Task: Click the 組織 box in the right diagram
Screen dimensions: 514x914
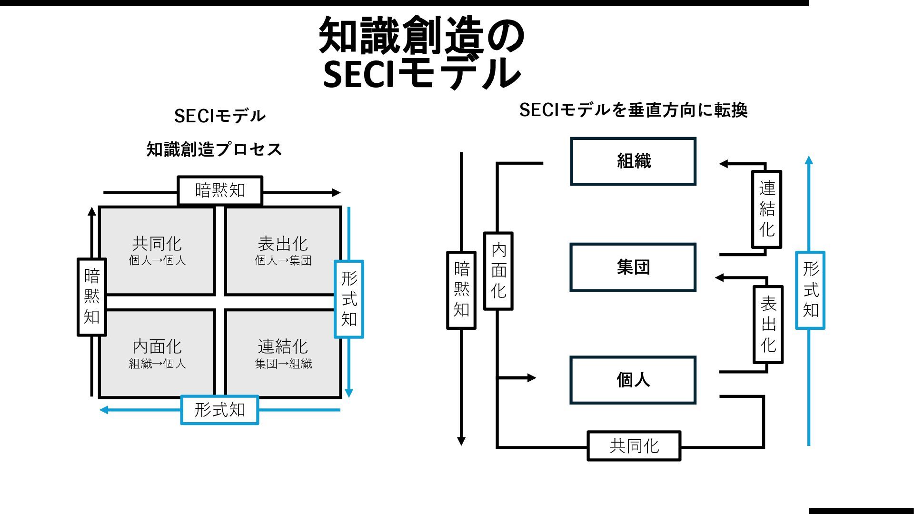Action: [633, 161]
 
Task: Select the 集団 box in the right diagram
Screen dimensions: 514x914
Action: [633, 267]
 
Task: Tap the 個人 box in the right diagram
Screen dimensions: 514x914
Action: [633, 380]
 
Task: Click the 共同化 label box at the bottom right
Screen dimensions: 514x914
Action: [634, 446]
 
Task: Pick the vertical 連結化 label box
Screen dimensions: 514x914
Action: [767, 209]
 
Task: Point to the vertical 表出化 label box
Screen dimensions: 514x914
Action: [768, 325]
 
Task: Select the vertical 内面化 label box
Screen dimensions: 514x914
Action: [498, 271]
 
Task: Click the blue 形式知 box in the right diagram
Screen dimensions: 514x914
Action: [810, 290]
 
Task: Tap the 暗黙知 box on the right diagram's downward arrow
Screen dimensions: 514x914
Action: [461, 290]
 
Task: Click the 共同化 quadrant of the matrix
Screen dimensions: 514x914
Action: [157, 251]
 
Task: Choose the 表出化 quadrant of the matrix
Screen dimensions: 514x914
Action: [283, 251]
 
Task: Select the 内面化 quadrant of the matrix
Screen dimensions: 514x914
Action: [157, 353]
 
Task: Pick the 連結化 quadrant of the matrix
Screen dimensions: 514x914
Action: [283, 353]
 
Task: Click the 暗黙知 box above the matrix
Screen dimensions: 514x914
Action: [220, 190]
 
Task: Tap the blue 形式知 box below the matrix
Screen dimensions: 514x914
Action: [220, 410]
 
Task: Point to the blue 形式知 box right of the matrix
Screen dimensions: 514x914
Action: [349, 299]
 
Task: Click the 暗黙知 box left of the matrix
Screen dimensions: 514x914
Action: [92, 297]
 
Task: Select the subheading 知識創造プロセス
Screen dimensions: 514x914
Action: [214, 149]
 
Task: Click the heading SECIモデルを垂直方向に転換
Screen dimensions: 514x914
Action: [633, 110]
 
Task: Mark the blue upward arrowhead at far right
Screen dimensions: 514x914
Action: [809, 160]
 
